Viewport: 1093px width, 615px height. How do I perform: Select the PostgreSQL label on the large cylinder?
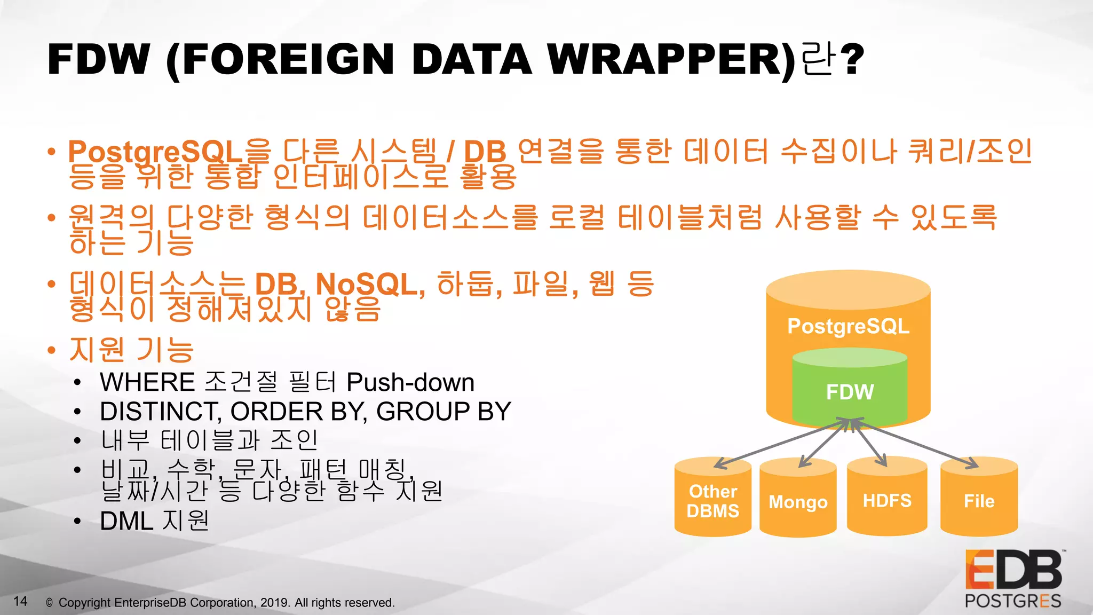tap(848, 326)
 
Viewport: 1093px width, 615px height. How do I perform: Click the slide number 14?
tap(20, 601)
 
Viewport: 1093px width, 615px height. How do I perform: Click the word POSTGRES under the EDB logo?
tap(1012, 601)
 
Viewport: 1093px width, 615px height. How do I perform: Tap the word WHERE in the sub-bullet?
tap(147, 382)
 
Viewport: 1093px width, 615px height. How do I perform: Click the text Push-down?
tap(410, 382)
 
